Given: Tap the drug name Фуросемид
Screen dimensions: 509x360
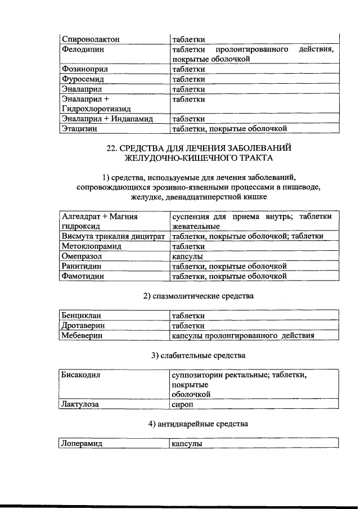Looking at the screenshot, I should (84, 79).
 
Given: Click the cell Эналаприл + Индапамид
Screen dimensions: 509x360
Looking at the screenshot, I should (107, 119).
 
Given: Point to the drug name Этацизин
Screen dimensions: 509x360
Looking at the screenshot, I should (83, 129).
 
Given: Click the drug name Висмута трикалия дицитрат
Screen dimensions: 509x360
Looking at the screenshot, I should (112, 236).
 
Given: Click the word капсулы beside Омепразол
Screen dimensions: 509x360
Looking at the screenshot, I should (187, 256).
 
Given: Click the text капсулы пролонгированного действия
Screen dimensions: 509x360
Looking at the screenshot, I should (242, 336).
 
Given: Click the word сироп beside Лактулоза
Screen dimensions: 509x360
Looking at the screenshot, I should (183, 404).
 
